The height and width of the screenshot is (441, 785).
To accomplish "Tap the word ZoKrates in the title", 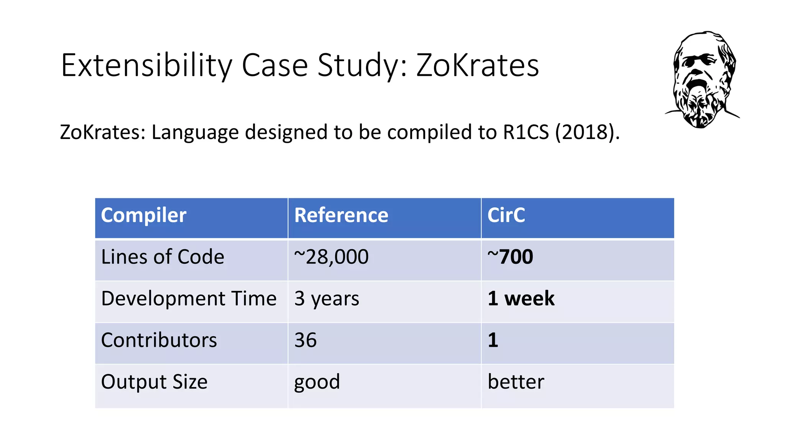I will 478,65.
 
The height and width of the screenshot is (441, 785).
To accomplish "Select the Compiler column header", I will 143,215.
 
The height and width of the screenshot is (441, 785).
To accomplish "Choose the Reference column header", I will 341,215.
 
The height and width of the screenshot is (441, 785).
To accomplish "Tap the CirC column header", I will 506,215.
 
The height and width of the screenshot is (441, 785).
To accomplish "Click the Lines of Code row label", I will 163,257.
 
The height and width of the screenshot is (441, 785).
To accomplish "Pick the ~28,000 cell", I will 331,257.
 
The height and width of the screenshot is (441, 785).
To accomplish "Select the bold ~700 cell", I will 510,257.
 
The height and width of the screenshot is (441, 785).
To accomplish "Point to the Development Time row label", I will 189,299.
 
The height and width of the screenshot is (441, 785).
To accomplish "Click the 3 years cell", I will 327,299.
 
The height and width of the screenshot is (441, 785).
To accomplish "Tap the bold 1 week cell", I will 521,299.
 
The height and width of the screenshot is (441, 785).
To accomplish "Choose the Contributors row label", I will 159,340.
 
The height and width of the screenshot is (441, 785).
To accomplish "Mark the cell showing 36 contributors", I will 305,340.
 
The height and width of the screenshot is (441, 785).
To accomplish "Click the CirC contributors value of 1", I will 493,340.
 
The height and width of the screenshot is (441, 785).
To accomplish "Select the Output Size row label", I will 154,382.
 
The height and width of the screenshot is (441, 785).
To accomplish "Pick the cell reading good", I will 317,382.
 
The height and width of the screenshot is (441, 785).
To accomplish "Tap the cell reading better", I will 516,382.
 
